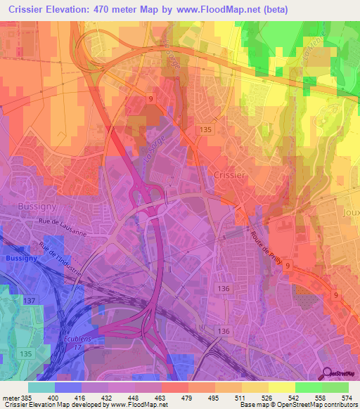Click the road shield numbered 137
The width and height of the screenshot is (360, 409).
(30, 301)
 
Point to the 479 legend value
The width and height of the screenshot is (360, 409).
(188, 397)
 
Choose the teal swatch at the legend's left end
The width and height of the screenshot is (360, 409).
(41, 387)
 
